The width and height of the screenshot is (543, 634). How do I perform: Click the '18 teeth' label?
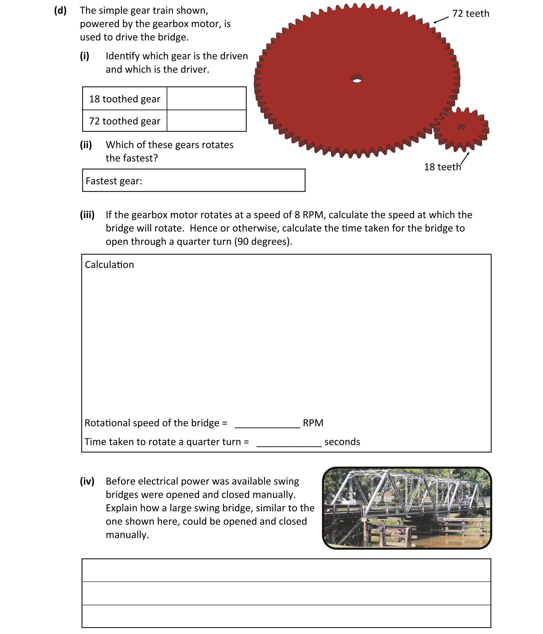pyautogui.click(x=442, y=167)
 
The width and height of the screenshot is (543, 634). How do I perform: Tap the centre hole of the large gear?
pyautogui.click(x=357, y=79)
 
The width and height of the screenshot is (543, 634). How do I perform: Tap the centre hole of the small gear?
pyautogui.click(x=461, y=127)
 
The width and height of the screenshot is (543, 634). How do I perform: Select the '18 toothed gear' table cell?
pyautogui.click(x=125, y=99)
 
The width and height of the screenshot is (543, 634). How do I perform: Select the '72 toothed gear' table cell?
pyautogui.click(x=125, y=121)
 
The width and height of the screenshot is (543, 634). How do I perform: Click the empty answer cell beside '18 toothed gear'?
pyautogui.click(x=206, y=99)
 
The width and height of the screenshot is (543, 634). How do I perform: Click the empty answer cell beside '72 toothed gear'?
pyautogui.click(x=206, y=121)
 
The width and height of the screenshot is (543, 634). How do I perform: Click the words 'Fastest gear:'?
pyautogui.click(x=114, y=181)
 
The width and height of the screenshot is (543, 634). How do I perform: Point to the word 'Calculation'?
pyautogui.click(x=109, y=265)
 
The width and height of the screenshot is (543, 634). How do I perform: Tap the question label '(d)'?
pyautogui.click(x=60, y=10)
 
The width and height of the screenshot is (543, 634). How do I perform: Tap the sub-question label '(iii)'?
pyautogui.click(x=87, y=215)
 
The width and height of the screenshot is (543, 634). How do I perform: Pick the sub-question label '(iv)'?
pyautogui.click(x=87, y=481)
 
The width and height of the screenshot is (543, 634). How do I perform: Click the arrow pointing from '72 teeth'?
pyautogui.click(x=441, y=20)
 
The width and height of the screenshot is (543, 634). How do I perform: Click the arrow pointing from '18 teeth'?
pyautogui.click(x=464, y=158)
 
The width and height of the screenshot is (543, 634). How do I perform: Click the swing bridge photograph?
pyautogui.click(x=407, y=508)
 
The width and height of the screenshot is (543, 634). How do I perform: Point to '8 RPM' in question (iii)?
pyautogui.click(x=309, y=215)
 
